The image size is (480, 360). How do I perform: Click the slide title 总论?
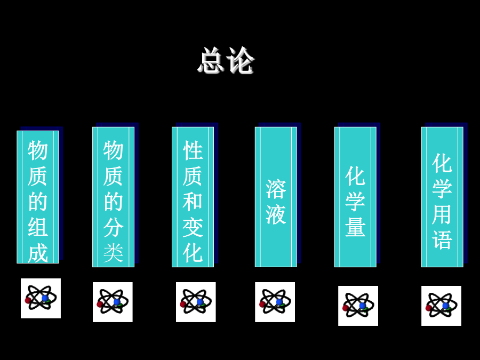226,60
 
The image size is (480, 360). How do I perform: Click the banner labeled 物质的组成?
38,197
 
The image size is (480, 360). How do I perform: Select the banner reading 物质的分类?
113,197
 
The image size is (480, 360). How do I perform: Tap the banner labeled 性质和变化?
193,197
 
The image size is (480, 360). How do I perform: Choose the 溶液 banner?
276,197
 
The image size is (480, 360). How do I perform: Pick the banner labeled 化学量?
355,197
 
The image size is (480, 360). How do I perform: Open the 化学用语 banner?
442,197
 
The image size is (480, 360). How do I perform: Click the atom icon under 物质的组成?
41,298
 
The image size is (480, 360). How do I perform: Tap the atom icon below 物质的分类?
113,302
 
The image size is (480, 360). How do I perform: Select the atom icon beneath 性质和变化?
196,302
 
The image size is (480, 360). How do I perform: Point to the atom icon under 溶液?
275,302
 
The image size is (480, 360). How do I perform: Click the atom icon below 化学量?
358,306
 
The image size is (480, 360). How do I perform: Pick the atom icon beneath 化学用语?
441,306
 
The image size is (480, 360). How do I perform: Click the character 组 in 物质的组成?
38,227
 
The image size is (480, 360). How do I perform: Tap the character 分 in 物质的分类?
113,227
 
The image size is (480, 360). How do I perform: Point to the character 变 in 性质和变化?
193,227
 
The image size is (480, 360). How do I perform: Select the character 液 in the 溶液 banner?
276,214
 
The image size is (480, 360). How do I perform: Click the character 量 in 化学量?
355,227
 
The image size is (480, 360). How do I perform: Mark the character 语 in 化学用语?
442,239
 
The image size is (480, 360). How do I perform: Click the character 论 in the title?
241,60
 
